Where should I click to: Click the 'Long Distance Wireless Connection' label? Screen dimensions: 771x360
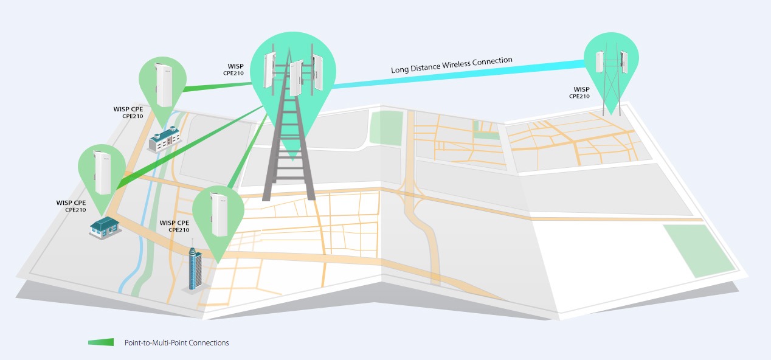[452, 64]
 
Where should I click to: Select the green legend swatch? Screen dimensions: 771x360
[101, 342]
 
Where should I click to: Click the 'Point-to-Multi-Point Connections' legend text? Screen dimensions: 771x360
[176, 343]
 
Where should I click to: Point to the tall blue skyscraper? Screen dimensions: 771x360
[196, 268]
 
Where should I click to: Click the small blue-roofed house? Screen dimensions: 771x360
[105, 227]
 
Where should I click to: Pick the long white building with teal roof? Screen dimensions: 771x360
[165, 139]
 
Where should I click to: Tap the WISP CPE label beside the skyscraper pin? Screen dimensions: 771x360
[175, 226]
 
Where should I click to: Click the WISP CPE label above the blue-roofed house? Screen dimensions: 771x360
[71, 206]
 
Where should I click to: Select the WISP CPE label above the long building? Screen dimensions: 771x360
[128, 112]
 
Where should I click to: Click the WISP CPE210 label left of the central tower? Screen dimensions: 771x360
[233, 69]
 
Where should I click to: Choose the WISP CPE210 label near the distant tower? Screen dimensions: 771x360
[579, 92]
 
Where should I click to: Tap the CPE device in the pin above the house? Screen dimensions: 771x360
[103, 173]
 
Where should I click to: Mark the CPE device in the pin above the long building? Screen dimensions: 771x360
[164, 85]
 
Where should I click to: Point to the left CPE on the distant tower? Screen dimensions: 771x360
[600, 62]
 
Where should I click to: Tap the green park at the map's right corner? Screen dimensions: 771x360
[699, 250]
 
